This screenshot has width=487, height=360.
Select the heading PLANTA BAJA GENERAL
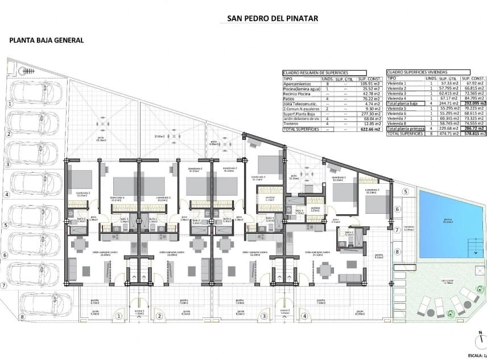[47, 40]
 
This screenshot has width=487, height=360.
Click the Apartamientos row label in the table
[298, 84]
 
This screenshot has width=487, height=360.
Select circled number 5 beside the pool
[406, 192]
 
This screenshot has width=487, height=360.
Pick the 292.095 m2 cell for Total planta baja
[473, 104]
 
